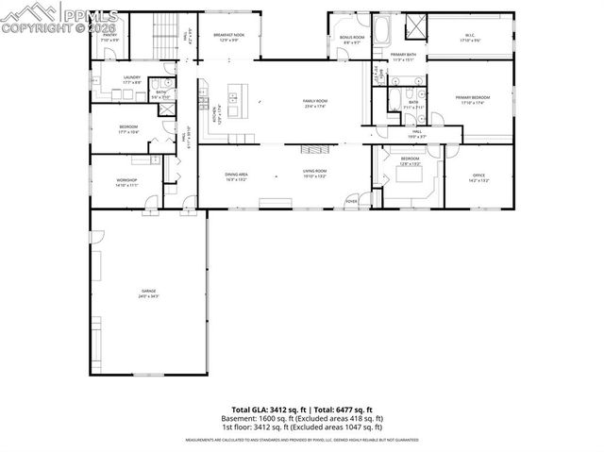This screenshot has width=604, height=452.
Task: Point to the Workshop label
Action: pos(126,182)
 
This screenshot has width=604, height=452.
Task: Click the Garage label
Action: pos(149,293)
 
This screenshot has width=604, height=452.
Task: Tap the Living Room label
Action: pos(314,176)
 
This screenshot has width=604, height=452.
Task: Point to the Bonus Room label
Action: pos(353,40)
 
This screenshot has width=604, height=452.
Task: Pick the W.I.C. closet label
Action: pos(469,39)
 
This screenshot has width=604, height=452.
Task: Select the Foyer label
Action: pos(351,200)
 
